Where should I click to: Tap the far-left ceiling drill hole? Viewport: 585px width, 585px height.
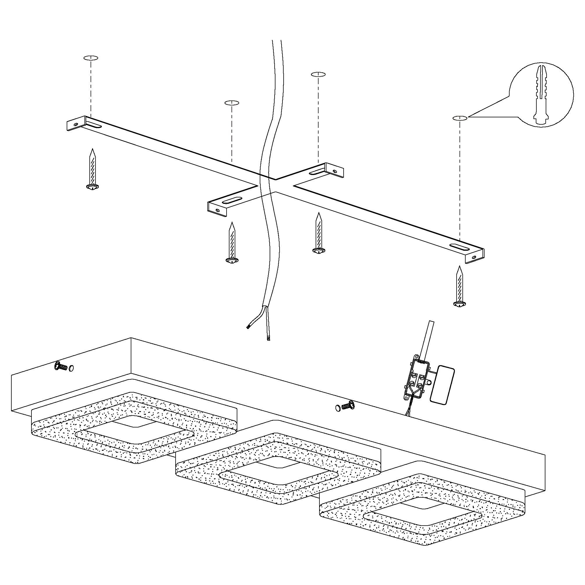click(x=91, y=58)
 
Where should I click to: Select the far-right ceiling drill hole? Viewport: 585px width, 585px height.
click(x=459, y=118)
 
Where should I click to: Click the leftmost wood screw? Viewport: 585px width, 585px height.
click(x=92, y=169)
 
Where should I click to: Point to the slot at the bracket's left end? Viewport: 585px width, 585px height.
click(x=94, y=125)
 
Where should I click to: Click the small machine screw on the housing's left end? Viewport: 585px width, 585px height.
click(x=61, y=367)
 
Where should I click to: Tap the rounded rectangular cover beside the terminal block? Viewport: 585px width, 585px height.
click(x=442, y=385)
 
